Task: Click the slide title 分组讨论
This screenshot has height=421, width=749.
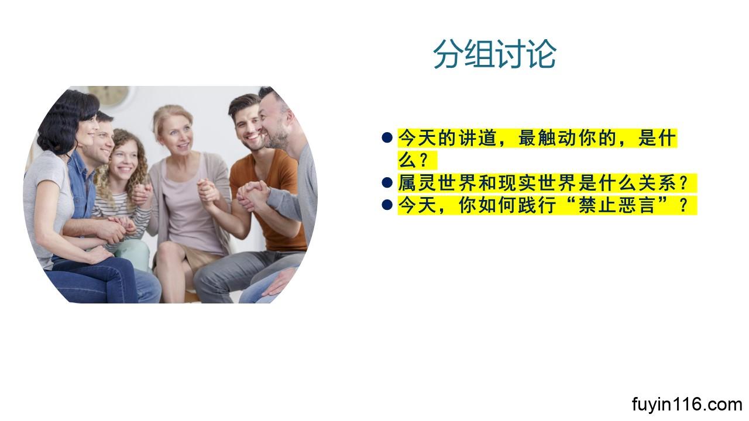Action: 495,54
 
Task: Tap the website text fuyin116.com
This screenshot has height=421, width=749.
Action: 687,405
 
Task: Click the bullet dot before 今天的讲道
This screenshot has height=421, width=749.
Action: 387,137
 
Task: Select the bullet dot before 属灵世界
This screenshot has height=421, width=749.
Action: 387,182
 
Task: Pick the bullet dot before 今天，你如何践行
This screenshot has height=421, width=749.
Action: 387,205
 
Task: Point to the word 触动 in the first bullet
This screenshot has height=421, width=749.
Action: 557,137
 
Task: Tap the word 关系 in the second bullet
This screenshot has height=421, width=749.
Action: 657,183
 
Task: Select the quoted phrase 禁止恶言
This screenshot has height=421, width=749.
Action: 617,205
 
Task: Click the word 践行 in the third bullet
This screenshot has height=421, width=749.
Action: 537,205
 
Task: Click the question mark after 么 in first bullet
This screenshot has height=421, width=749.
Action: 423,160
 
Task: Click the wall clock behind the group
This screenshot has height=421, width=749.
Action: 109,95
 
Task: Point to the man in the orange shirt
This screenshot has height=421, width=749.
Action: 264,187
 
